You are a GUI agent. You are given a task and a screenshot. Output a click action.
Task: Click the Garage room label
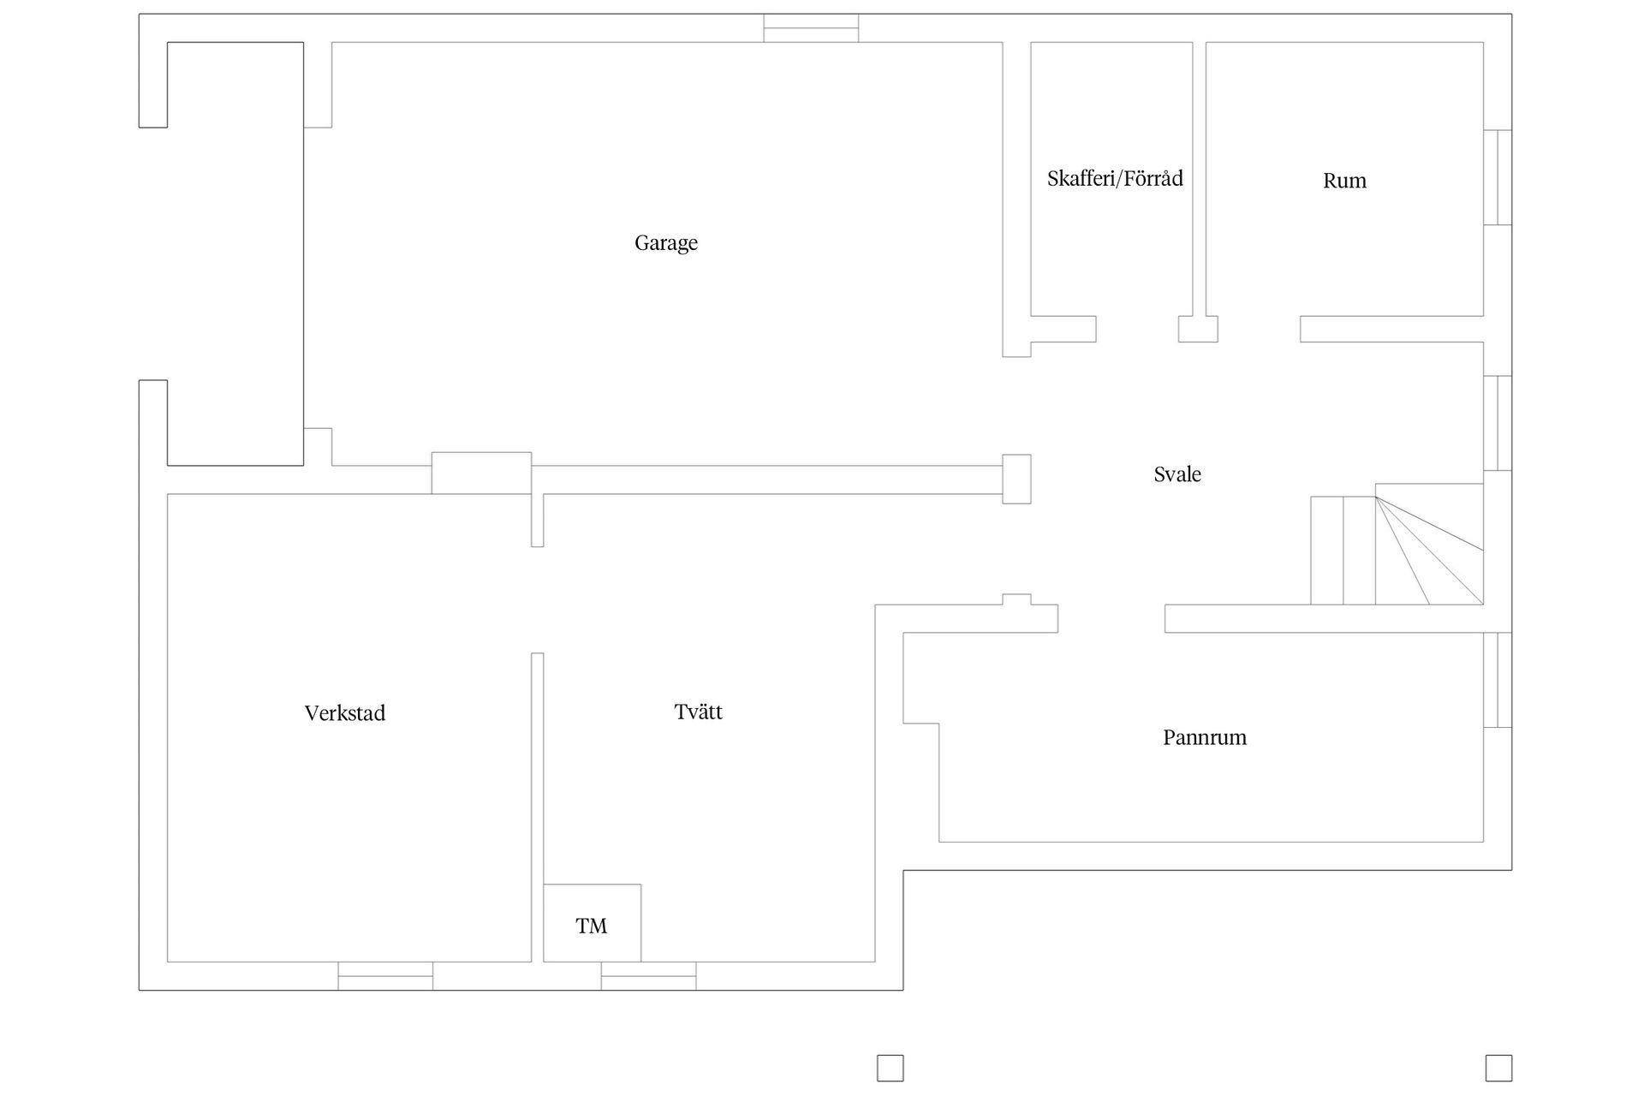point(666,243)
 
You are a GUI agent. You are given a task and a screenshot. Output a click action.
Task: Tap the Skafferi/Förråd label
point(1115,178)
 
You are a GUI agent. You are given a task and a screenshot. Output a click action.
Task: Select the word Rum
point(1344,181)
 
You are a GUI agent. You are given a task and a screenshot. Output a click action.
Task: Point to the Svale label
point(1177,474)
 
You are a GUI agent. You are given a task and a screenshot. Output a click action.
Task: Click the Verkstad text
point(345,713)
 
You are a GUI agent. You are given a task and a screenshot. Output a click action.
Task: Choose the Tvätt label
point(699,712)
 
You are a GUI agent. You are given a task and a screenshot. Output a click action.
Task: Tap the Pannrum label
point(1205,737)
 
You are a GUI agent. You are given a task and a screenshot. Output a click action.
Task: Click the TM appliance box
point(592,922)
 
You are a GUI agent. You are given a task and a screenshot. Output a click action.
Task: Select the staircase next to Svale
point(1397,550)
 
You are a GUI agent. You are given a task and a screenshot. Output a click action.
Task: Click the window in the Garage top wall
point(811,27)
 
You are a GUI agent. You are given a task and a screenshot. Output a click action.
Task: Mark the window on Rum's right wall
point(1498,177)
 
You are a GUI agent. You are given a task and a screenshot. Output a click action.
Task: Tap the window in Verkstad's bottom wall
point(385,976)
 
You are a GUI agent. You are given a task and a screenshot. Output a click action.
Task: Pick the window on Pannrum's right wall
point(1498,680)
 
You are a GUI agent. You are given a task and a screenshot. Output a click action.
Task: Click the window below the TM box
point(648,976)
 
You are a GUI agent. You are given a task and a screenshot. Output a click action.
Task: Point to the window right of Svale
point(1498,423)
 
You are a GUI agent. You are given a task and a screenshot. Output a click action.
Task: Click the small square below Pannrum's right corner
point(1498,1068)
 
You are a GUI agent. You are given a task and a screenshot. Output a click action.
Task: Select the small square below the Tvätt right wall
point(890,1068)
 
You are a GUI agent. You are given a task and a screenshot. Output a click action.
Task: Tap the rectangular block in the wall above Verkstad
point(481,473)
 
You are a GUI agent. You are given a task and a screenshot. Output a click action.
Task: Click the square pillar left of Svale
point(1016,479)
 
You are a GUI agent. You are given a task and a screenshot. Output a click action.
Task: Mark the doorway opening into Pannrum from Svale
point(1111,619)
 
